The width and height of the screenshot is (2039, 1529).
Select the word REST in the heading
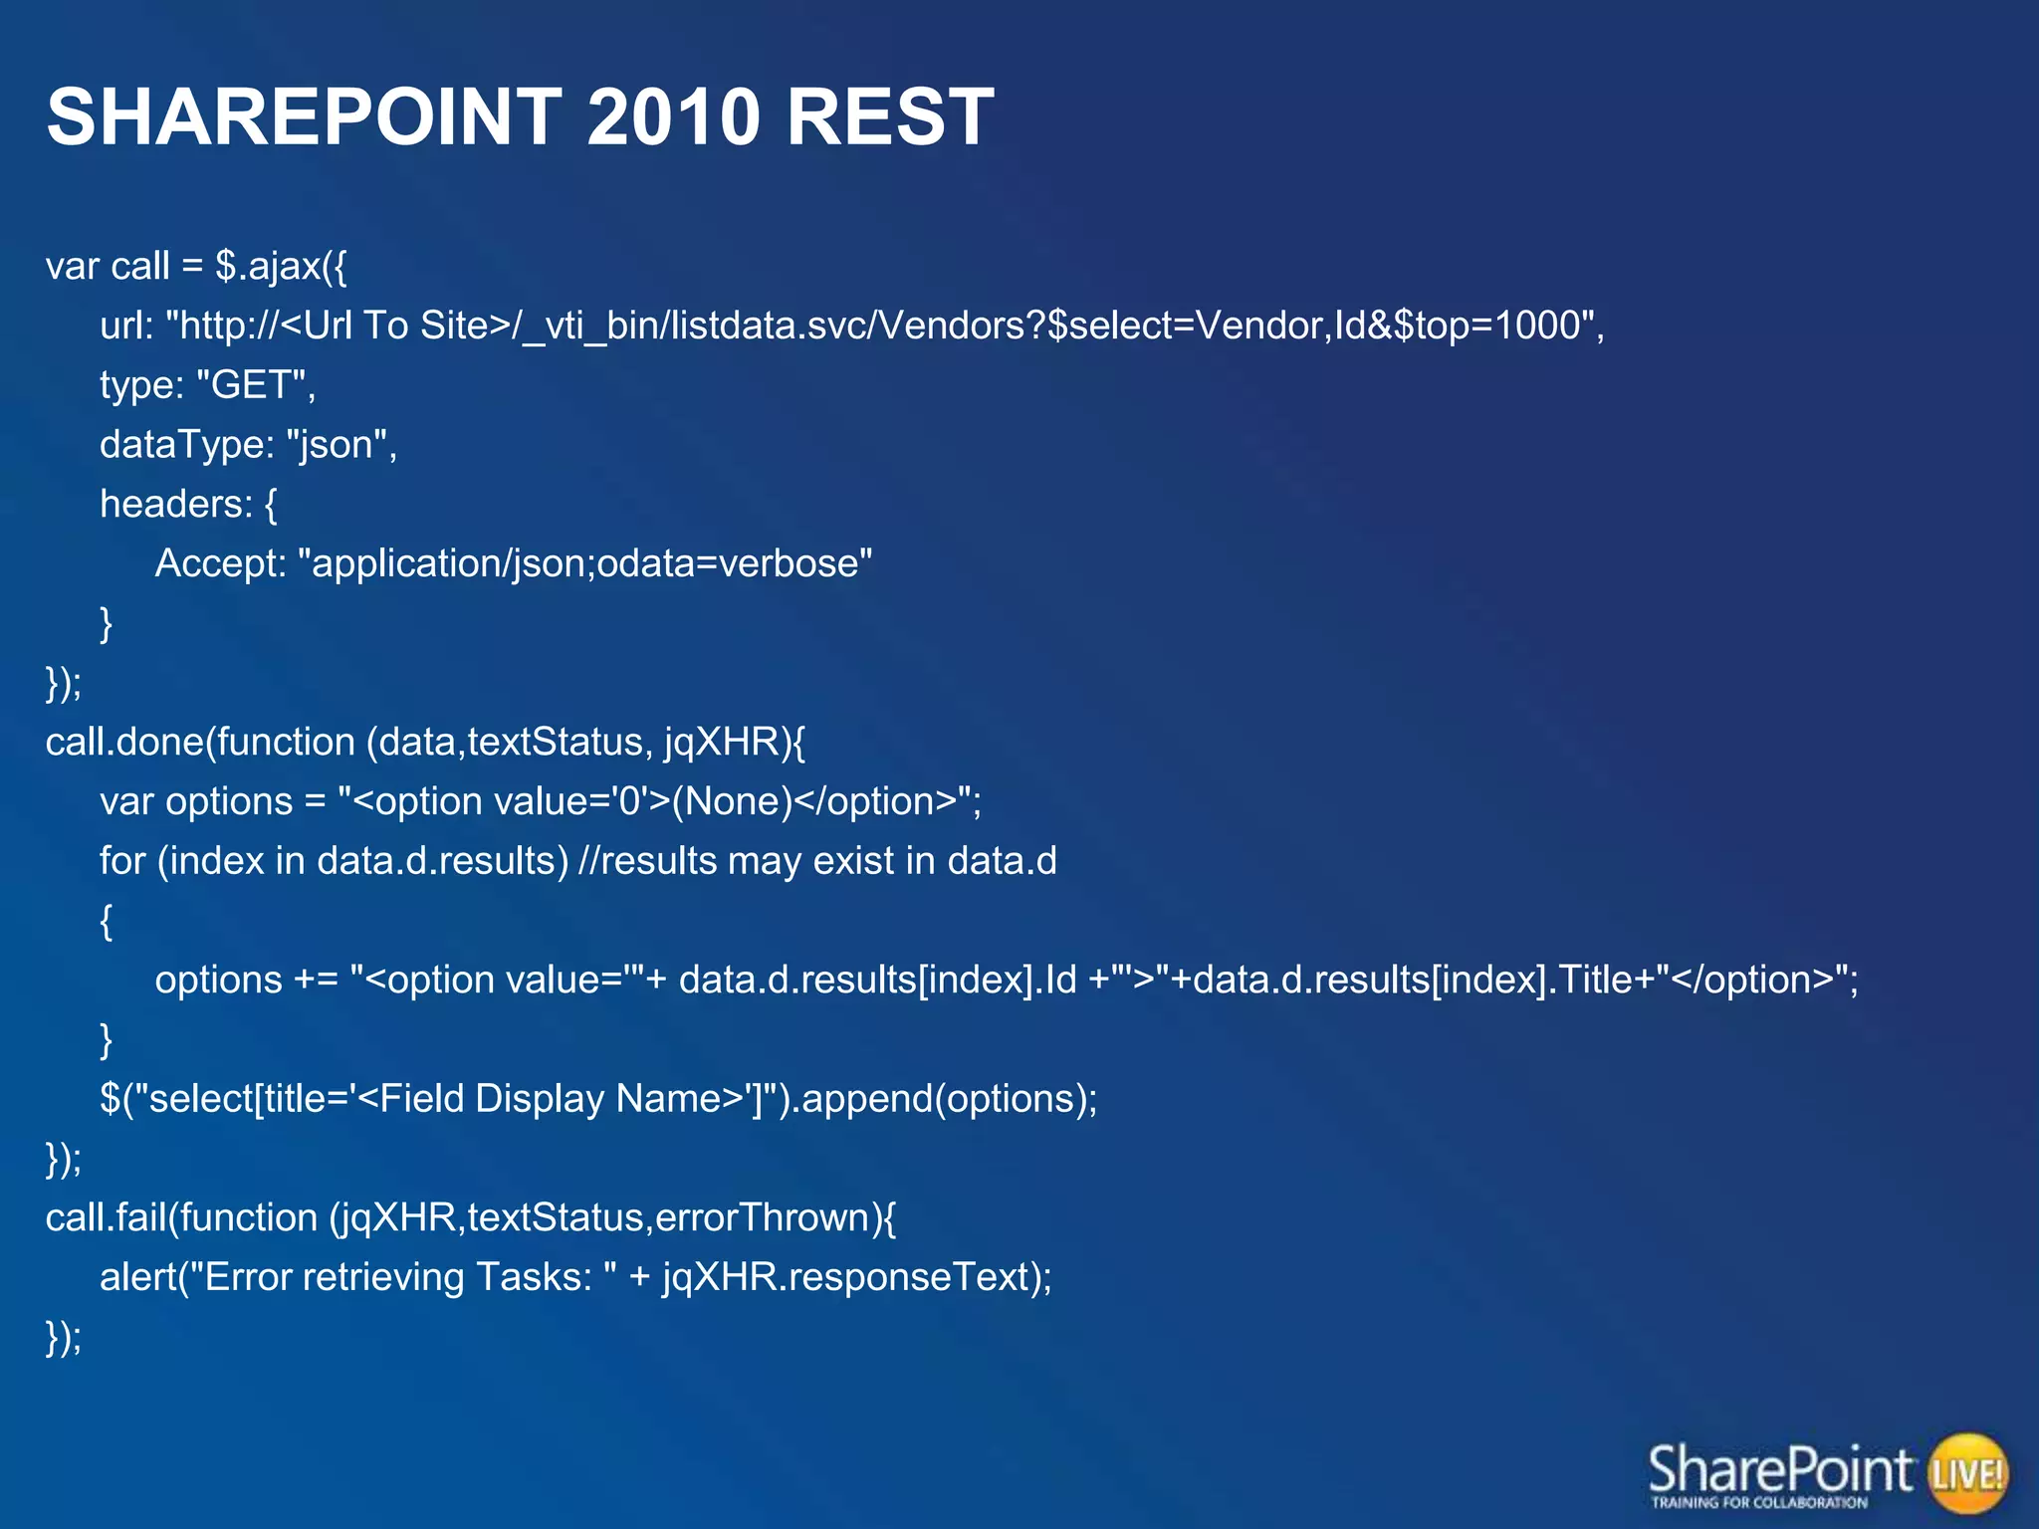pos(889,117)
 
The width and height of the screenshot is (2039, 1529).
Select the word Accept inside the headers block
pos(214,563)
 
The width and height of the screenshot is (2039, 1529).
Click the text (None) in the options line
pos(732,801)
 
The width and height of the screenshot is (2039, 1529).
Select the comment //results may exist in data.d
pos(816,861)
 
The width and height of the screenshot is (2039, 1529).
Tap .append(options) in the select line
pos(941,1099)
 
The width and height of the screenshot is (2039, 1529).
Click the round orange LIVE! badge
pos(1967,1473)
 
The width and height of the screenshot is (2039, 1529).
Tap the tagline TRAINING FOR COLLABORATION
pos(1759,1502)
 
